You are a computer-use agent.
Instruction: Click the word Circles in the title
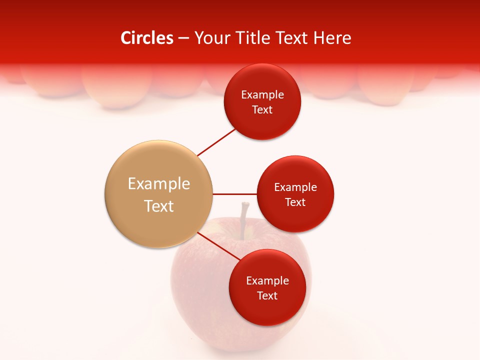coord(146,38)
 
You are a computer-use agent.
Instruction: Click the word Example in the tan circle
coord(159,184)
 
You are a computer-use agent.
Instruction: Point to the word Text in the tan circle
coord(159,206)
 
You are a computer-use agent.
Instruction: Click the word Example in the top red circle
coord(262,94)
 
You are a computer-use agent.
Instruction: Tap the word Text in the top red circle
coord(262,109)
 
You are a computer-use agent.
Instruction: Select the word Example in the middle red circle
coord(295,187)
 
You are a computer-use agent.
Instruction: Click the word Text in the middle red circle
coord(295,202)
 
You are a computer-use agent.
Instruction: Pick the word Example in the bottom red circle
coord(267,280)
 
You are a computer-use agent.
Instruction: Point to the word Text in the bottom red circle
coord(267,295)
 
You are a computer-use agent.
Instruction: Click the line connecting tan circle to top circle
coord(216,142)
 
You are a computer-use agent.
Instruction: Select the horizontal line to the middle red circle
coord(235,194)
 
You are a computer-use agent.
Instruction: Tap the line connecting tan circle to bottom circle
coord(219,246)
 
